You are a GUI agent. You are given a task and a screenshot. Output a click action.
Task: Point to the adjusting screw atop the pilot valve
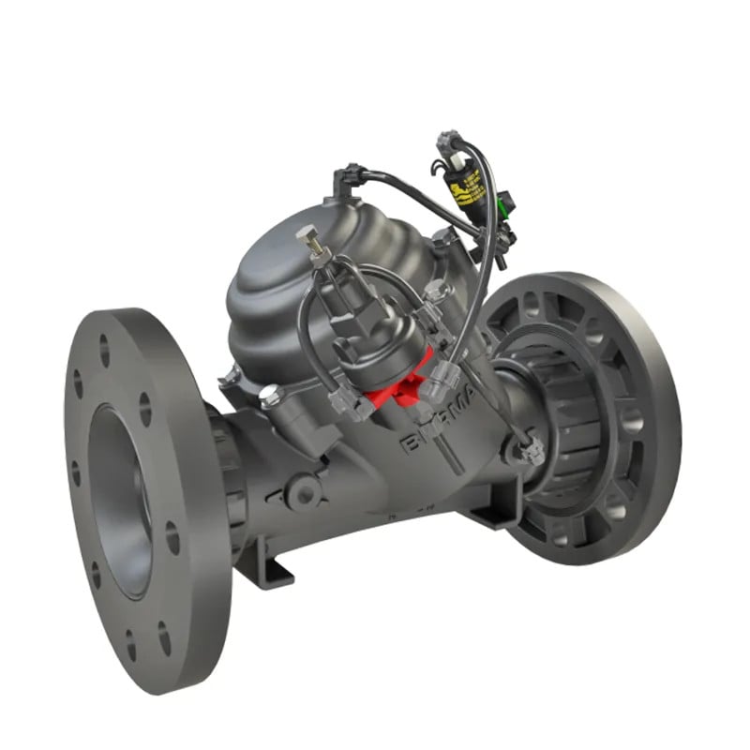click(308, 242)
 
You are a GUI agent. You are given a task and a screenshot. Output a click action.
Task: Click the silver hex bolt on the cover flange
click(268, 396)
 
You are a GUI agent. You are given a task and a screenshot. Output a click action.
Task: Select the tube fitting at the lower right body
click(531, 453)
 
